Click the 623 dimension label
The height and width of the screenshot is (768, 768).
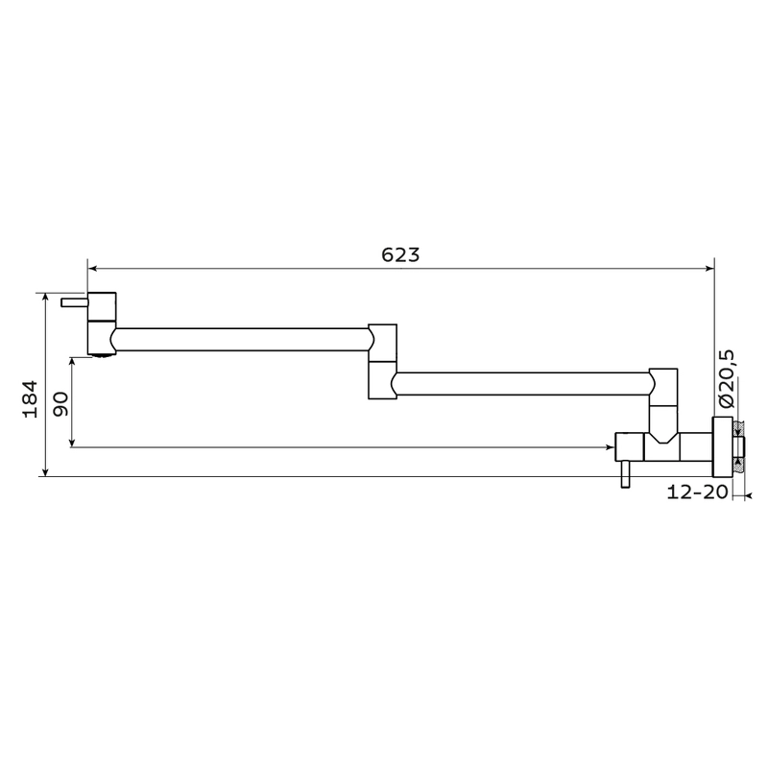[x=400, y=255]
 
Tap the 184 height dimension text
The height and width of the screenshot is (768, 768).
[x=30, y=398]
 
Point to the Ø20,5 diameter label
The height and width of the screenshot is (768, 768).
[x=727, y=378]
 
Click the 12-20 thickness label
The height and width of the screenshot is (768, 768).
[x=698, y=492]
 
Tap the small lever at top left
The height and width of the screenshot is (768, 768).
[x=75, y=302]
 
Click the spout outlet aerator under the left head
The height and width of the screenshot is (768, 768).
[x=101, y=355]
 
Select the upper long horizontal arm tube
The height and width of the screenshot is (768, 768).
[x=242, y=340]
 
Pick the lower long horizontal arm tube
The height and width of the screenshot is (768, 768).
[x=522, y=383]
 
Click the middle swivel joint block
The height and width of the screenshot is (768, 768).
[x=382, y=361]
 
